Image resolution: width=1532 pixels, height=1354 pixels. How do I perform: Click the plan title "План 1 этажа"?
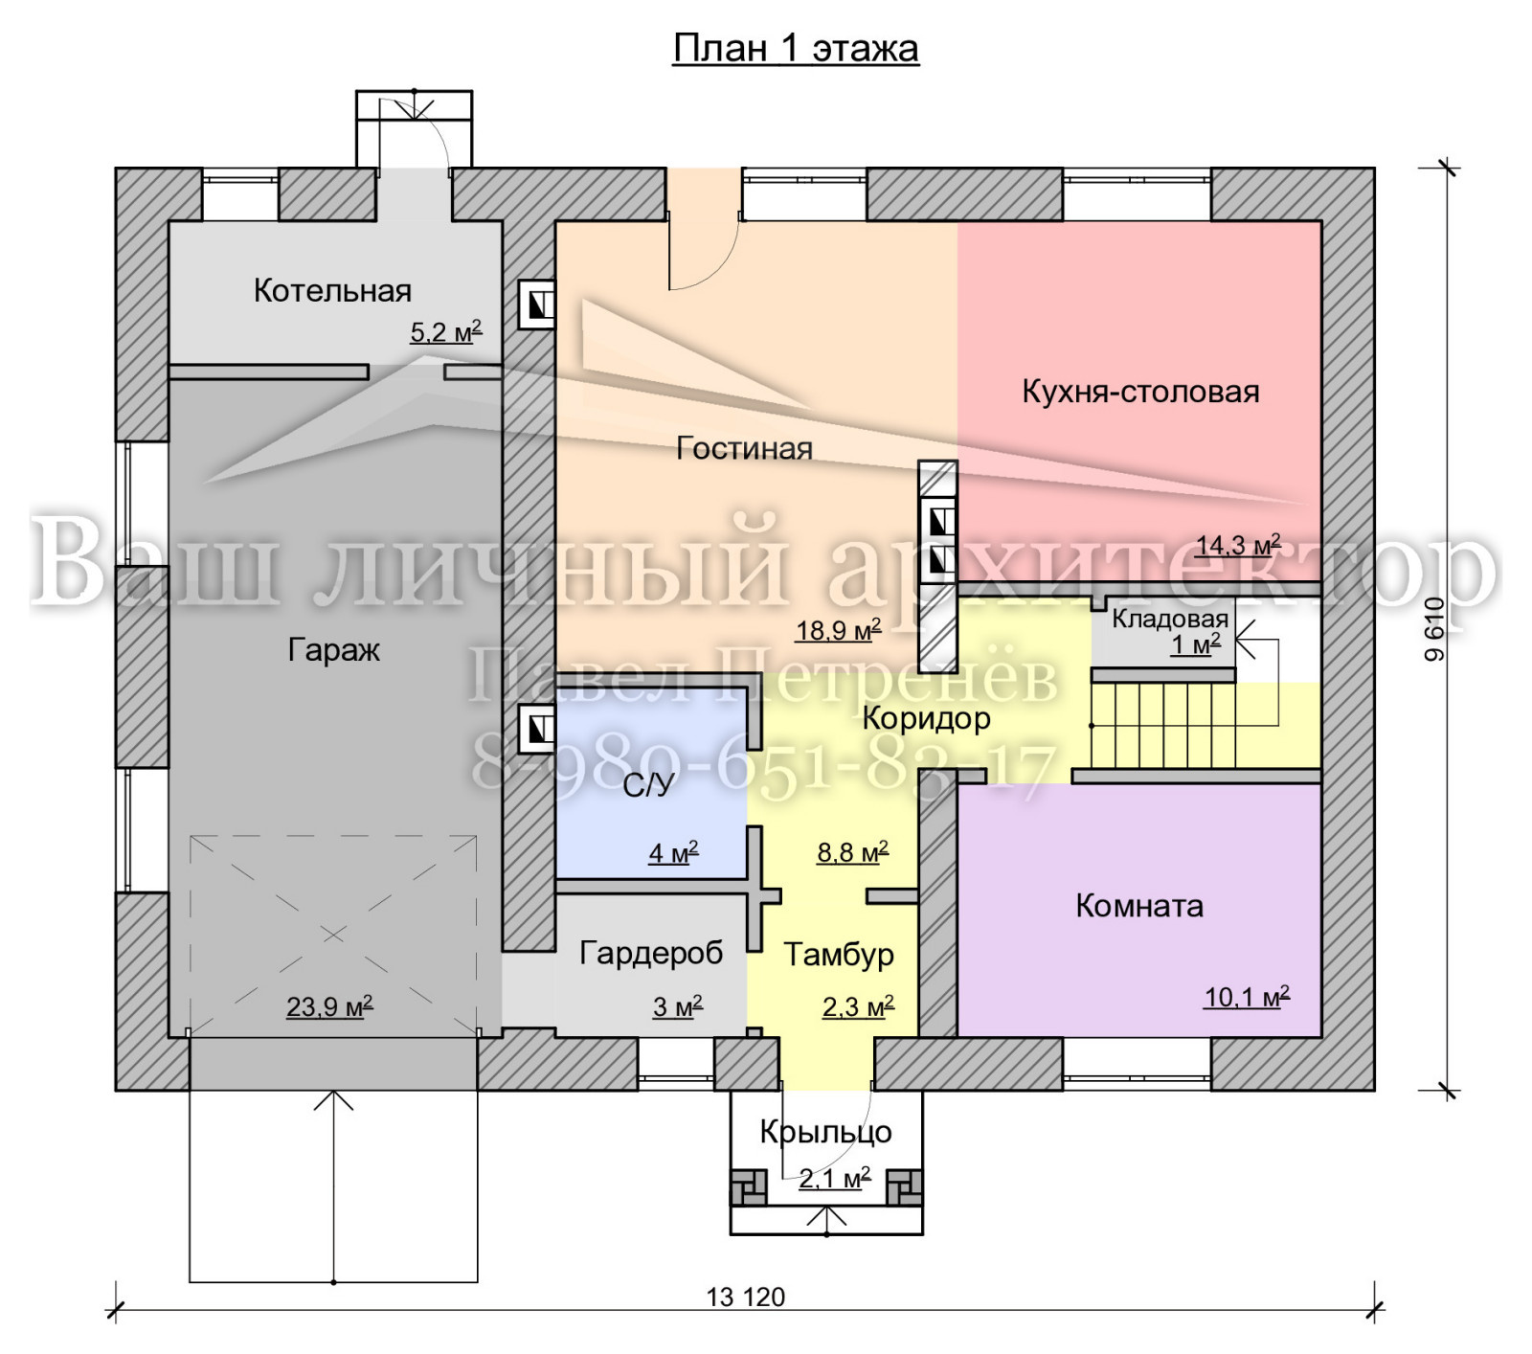(x=796, y=48)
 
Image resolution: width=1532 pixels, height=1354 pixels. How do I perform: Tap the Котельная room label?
(x=332, y=290)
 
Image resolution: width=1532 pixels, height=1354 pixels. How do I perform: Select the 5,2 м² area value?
(x=446, y=331)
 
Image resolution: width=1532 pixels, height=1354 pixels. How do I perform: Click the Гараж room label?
(x=334, y=650)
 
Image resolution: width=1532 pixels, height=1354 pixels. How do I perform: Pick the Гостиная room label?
(x=744, y=448)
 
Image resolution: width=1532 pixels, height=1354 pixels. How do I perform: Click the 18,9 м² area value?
(x=838, y=629)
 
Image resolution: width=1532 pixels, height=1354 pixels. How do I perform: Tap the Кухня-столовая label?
(x=1140, y=391)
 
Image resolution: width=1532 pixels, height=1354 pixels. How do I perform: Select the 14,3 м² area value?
(x=1238, y=545)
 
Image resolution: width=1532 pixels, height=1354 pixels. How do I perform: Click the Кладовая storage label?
(x=1170, y=619)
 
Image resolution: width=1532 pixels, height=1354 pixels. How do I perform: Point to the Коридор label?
(x=926, y=718)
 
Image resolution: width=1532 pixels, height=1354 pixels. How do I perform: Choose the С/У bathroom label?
(x=648, y=785)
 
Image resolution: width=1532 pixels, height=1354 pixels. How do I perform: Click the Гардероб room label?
(x=651, y=953)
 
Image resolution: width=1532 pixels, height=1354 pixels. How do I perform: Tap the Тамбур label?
(x=839, y=954)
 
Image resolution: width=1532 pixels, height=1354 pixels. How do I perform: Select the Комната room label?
(x=1139, y=905)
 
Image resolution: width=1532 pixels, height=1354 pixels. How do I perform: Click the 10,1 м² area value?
(x=1247, y=997)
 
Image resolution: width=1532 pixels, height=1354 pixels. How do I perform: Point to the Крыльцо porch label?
(x=825, y=1132)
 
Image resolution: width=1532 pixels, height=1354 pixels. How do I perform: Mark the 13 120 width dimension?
(x=746, y=1297)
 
